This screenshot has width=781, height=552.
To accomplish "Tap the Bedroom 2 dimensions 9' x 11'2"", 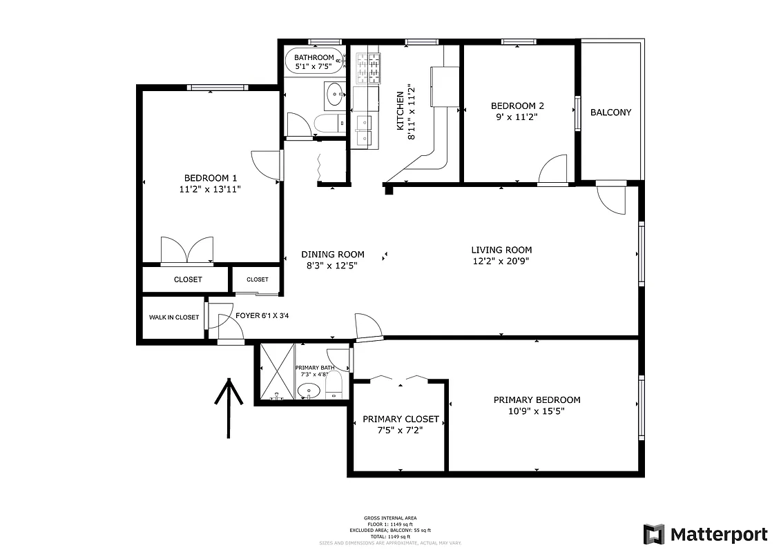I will (x=517, y=117).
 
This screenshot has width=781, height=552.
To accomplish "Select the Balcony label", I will (x=610, y=112).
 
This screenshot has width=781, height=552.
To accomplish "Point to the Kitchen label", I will (x=399, y=111).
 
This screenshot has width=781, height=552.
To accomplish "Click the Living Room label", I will (x=501, y=250).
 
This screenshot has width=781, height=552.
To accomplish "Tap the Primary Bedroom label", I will (x=537, y=400).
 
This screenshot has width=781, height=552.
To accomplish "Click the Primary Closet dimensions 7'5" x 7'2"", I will (x=401, y=430).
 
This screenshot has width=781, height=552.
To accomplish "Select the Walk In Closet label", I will (x=174, y=317).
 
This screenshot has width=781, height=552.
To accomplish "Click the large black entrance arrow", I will (x=228, y=407).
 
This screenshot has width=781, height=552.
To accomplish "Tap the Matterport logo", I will (x=705, y=534).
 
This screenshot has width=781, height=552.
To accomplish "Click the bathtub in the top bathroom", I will (x=314, y=61).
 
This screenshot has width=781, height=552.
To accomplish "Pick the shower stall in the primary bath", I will (x=276, y=371).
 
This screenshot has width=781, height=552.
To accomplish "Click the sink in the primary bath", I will (x=308, y=391).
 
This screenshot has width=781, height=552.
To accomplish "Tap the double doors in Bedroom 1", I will (x=186, y=250).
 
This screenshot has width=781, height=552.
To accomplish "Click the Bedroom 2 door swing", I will (x=553, y=170).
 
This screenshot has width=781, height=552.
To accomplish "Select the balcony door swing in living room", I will (x=610, y=199).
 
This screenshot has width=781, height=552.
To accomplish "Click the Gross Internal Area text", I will (x=390, y=517).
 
